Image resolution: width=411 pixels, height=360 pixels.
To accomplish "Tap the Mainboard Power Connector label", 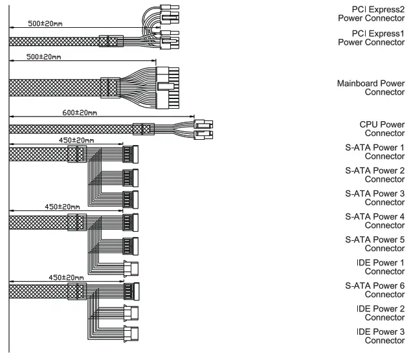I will tap(372, 87).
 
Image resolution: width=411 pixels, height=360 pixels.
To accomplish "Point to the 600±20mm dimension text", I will tap(81, 113).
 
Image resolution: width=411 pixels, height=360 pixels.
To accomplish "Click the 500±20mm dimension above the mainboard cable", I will tap(44, 57).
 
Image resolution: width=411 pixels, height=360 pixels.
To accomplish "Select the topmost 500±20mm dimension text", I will tap(45, 25).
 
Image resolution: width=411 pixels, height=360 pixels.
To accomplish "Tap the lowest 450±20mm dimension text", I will tap(66, 277).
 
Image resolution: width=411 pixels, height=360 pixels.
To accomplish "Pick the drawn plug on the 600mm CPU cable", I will tap(203, 129).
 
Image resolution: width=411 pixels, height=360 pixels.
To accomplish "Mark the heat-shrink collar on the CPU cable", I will tap(142, 129).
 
